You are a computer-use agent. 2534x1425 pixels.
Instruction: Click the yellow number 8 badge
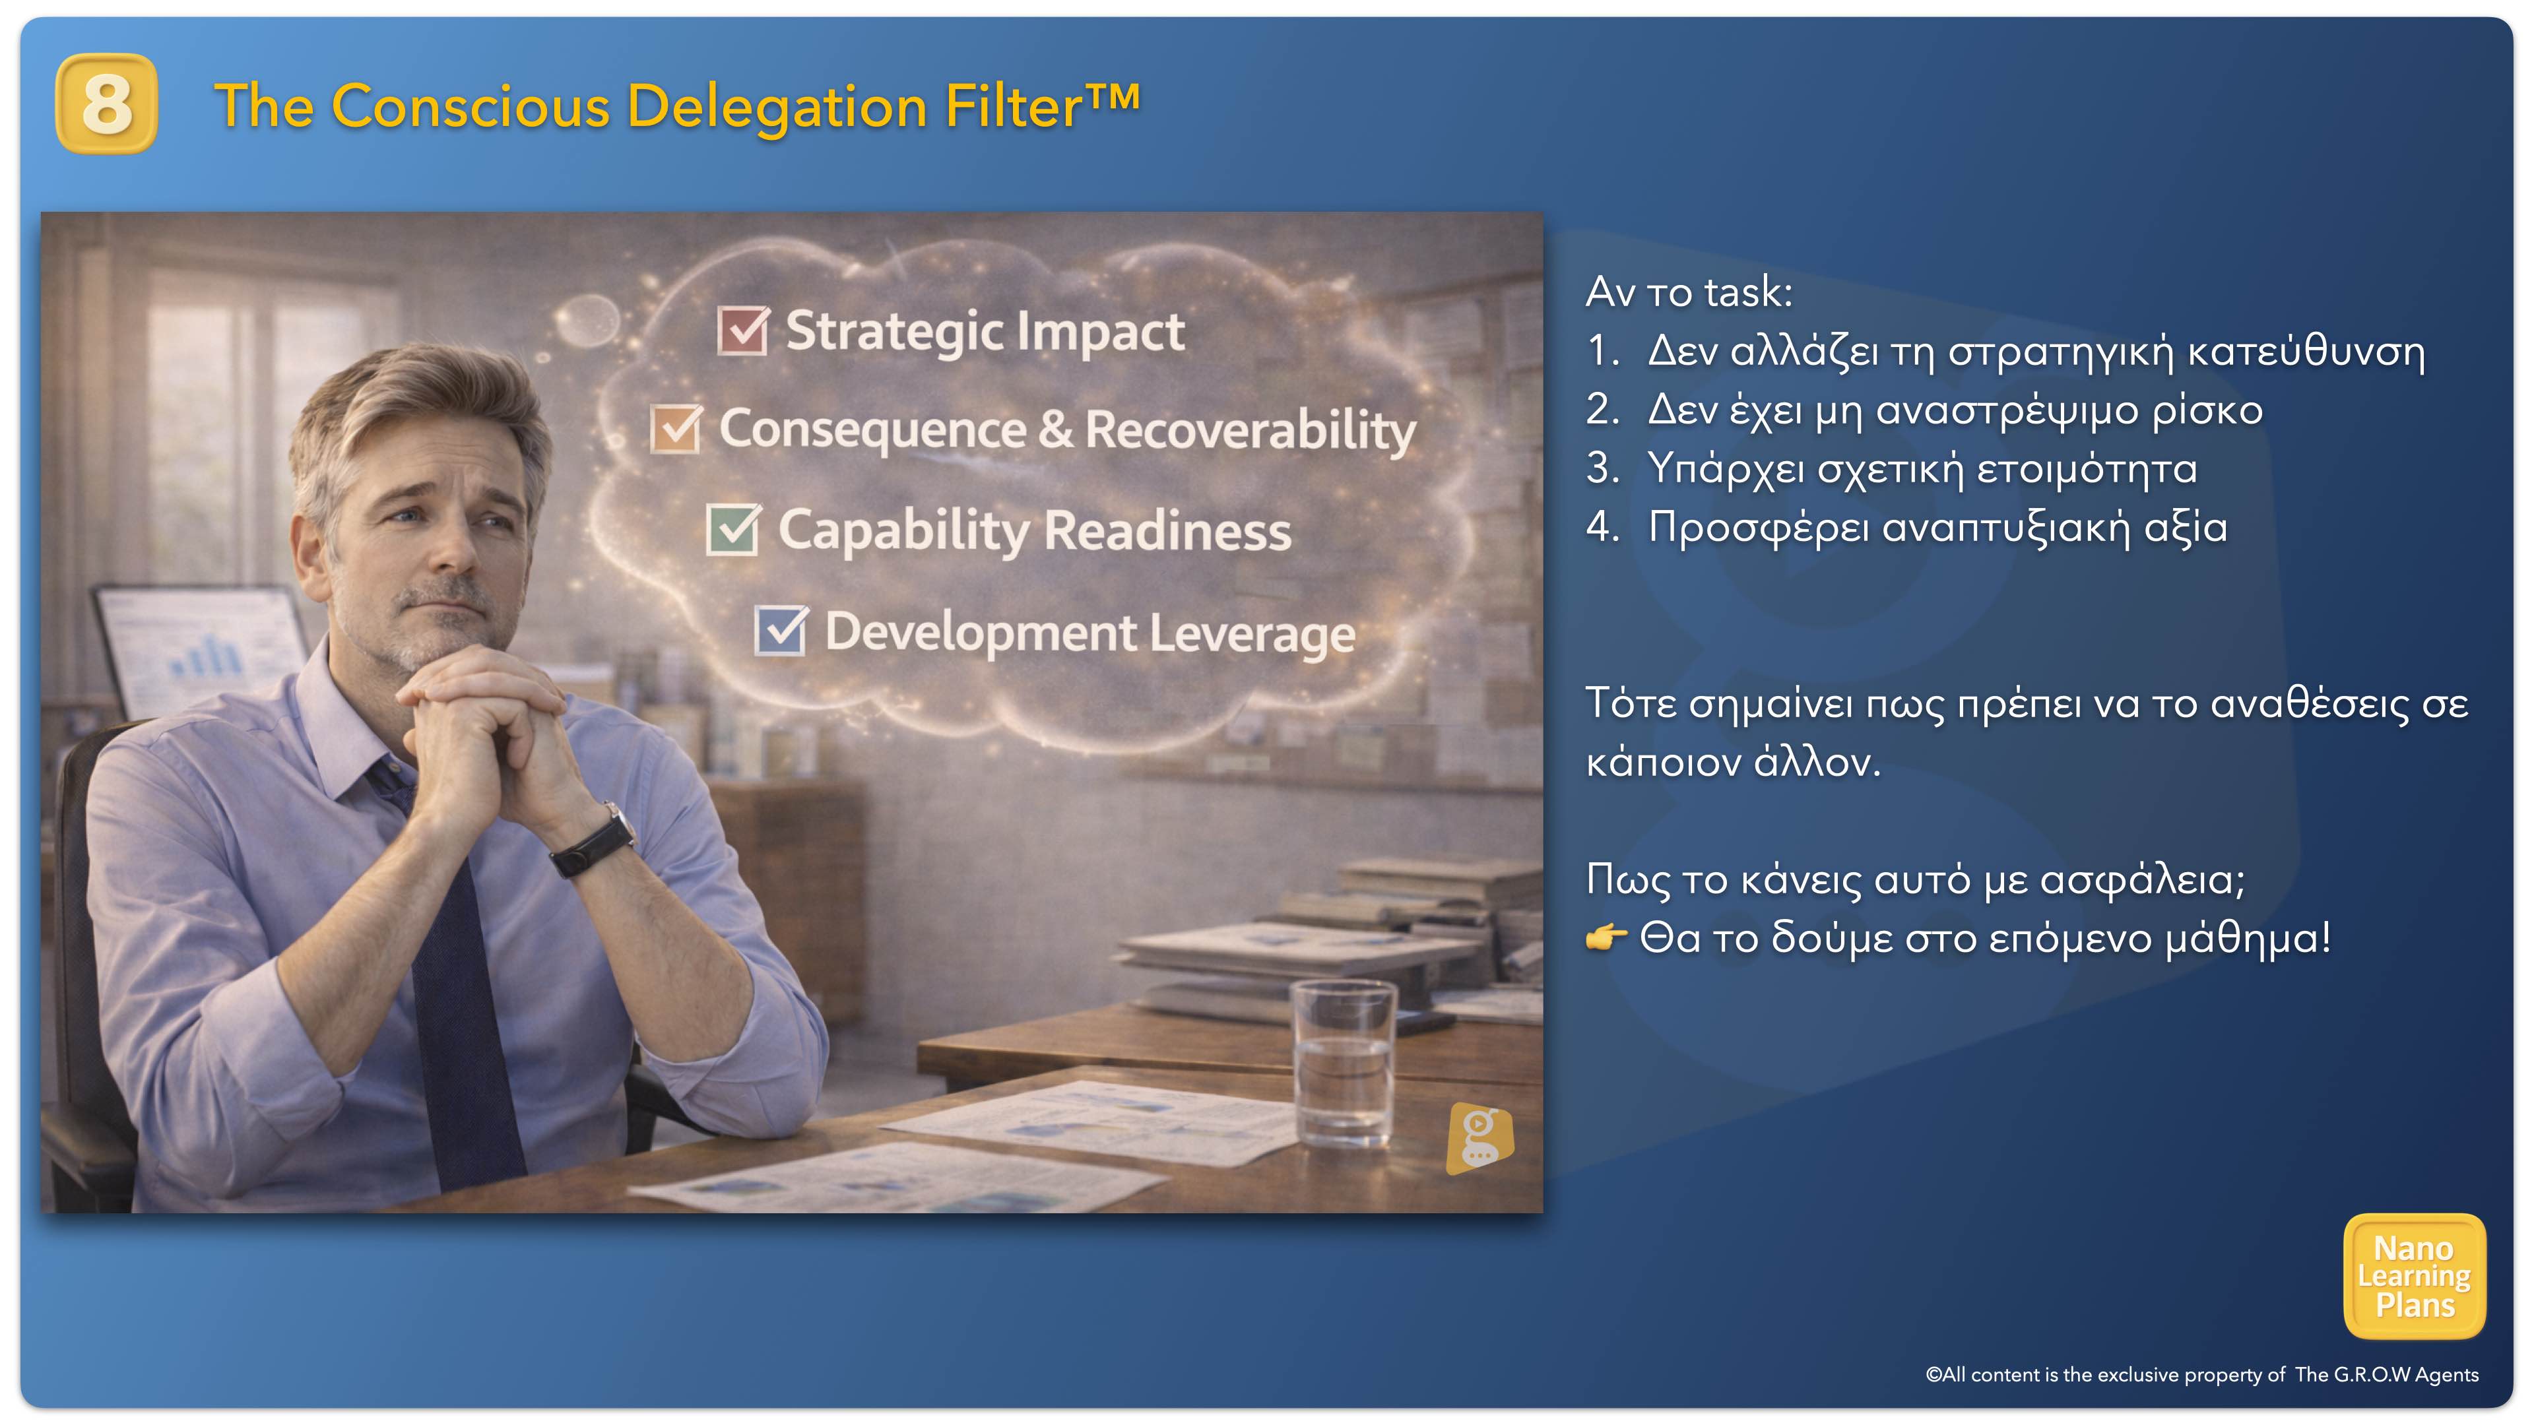[x=106, y=104]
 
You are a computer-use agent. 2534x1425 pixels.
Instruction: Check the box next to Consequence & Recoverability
[x=676, y=429]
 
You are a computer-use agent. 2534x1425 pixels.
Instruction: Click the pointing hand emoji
[x=1606, y=937]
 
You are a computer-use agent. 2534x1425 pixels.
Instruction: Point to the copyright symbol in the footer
[x=1933, y=1375]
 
